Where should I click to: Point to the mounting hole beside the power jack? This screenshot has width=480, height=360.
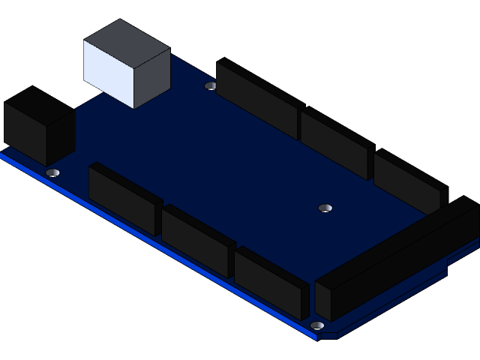tap(52, 172)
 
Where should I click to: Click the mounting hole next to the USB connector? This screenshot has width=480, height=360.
tap(211, 85)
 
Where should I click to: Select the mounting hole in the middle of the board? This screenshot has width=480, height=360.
tap(325, 207)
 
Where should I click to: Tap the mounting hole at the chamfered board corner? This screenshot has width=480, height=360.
tap(317, 325)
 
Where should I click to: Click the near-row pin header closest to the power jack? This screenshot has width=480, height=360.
tap(124, 199)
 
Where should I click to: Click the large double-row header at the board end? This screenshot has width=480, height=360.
tap(397, 259)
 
